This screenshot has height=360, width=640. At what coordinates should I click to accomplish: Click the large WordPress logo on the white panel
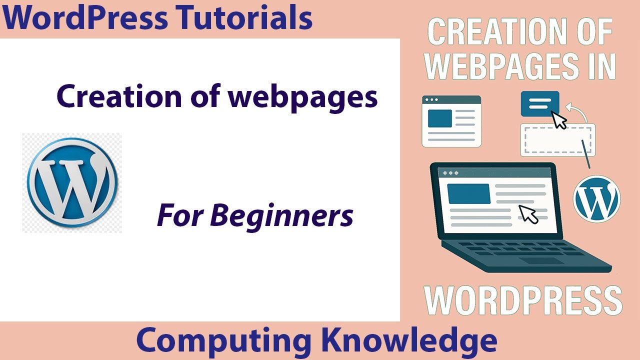point(72,183)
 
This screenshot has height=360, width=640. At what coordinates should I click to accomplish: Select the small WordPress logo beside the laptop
point(596,198)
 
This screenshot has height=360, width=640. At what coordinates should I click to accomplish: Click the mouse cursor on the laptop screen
point(528,213)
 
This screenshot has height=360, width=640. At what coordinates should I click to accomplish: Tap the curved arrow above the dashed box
point(580,110)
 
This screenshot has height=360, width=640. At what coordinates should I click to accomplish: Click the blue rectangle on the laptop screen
point(468,193)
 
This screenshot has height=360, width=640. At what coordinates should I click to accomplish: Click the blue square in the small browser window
point(440,118)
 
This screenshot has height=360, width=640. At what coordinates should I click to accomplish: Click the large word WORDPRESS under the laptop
point(523,300)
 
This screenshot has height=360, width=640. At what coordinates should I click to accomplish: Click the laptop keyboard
point(520,248)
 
